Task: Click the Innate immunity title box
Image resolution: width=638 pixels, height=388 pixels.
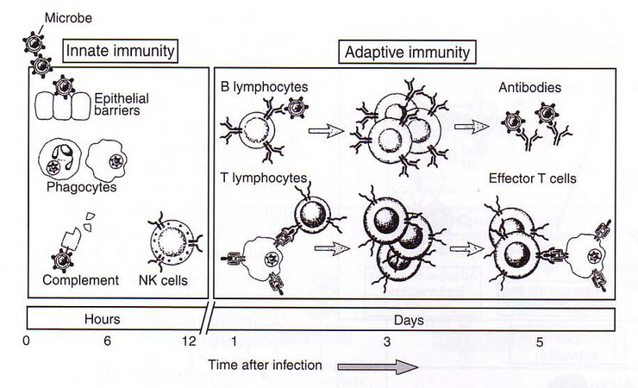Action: point(121,51)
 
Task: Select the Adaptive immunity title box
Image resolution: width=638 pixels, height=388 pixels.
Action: point(407,52)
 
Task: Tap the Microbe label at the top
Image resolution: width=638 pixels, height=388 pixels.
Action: point(68,18)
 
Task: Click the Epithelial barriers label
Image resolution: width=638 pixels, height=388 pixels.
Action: point(122,104)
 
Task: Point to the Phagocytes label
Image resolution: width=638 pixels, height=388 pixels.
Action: point(81,187)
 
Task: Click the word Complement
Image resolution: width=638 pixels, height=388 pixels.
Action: point(80,280)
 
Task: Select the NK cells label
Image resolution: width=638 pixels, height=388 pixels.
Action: point(163,280)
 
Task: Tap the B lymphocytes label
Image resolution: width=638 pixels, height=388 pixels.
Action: point(265,86)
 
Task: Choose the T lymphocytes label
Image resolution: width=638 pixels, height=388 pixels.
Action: point(264,178)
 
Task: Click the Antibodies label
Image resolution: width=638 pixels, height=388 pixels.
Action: point(529,87)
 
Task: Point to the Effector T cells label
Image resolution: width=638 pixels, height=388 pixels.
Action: point(533,178)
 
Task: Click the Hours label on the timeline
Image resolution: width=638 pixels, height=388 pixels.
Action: point(102,319)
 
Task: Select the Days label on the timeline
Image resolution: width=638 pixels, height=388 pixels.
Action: point(409,320)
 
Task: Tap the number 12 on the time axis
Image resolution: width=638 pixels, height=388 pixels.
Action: point(189,341)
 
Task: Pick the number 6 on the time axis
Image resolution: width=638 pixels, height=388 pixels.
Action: point(107,341)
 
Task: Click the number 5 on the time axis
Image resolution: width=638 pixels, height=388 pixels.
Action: point(540,341)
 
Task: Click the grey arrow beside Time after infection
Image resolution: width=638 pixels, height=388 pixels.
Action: point(378,367)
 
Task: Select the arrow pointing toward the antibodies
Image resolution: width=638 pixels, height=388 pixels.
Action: point(472,127)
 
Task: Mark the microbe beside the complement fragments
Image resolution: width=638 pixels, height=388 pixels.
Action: point(62,260)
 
